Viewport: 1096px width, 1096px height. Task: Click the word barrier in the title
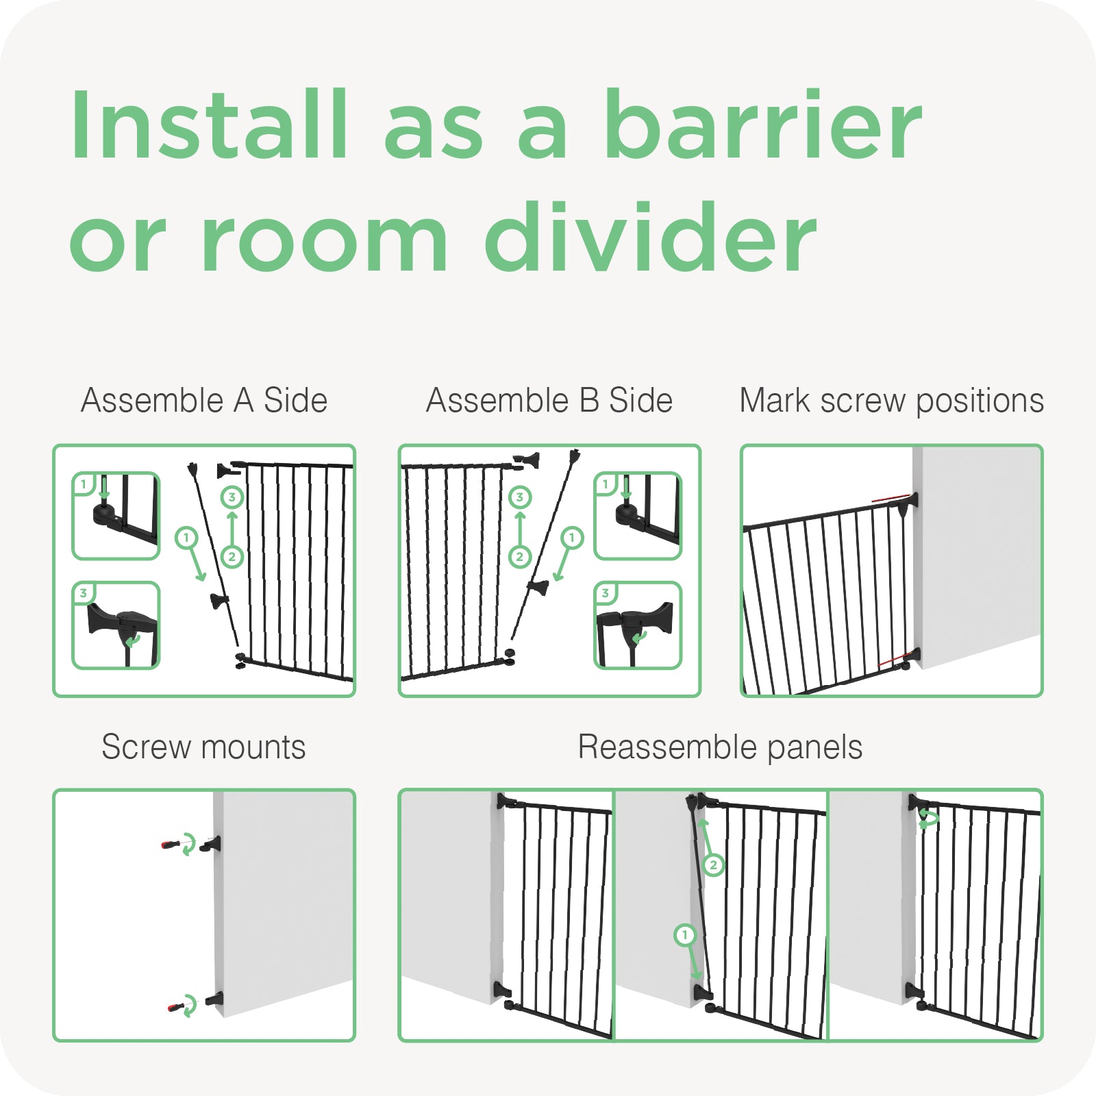tap(763, 124)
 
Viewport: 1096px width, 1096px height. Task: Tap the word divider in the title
tap(651, 237)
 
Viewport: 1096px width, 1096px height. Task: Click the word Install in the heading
tap(210, 124)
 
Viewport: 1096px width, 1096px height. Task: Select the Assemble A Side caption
tap(204, 400)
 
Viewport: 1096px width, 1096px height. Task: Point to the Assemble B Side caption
tap(549, 400)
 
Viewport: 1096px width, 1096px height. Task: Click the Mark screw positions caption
tap(892, 401)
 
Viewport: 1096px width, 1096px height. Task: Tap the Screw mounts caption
tap(203, 747)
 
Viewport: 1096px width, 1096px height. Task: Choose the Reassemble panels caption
tap(720, 747)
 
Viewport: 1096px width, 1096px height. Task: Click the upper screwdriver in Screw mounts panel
tap(172, 844)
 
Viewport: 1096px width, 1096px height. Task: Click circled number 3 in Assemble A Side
tap(232, 497)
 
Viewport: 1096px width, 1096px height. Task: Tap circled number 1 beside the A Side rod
tap(186, 538)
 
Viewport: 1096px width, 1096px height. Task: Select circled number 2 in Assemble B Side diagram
tap(520, 557)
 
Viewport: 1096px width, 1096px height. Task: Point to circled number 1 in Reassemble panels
tap(685, 935)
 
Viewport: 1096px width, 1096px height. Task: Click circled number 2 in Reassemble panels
tap(713, 865)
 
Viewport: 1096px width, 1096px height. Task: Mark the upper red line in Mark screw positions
tap(891, 499)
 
